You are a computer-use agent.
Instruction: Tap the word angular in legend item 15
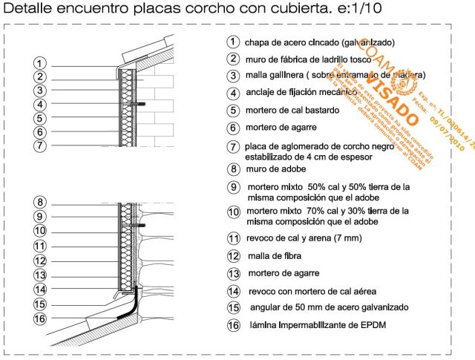coord(263,307)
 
